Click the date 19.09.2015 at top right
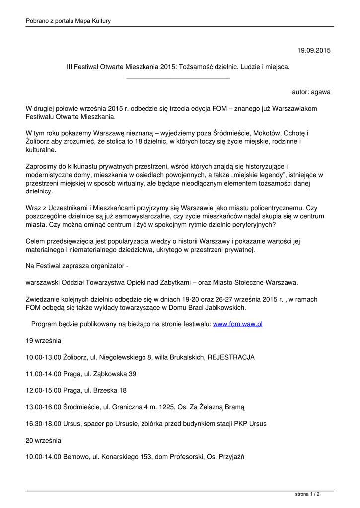(314, 50)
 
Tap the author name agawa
(320, 92)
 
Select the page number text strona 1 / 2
(307, 495)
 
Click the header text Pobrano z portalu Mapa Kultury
(68, 21)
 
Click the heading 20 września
(44, 440)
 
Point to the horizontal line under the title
(178, 78)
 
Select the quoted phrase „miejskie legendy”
(253, 175)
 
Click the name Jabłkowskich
(221, 307)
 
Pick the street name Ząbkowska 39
(115, 374)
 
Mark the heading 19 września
(44, 341)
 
